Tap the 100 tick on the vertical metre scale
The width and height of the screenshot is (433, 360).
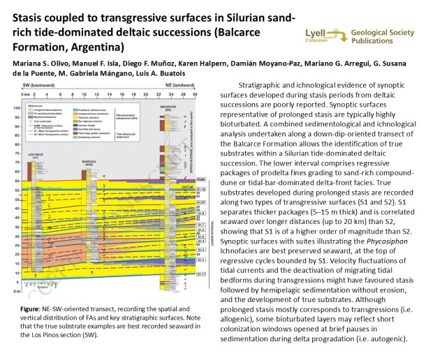17,108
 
